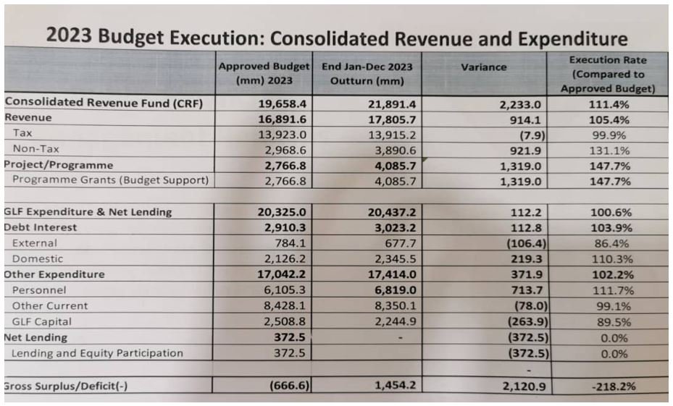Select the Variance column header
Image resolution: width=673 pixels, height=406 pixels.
(x=483, y=67)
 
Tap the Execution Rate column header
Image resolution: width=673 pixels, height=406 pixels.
(x=608, y=74)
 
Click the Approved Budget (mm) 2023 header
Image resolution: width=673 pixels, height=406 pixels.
(x=264, y=73)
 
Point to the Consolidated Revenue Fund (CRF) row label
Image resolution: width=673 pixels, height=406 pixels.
(x=104, y=103)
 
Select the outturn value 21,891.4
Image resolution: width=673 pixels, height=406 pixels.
(x=392, y=103)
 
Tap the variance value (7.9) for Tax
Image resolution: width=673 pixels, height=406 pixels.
(x=531, y=134)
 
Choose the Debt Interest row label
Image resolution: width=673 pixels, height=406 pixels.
(x=41, y=227)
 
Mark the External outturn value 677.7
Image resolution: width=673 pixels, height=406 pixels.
(x=396, y=243)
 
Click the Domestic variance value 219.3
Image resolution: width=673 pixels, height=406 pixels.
(x=532, y=259)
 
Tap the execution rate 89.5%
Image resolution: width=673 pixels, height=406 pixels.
(x=614, y=322)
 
